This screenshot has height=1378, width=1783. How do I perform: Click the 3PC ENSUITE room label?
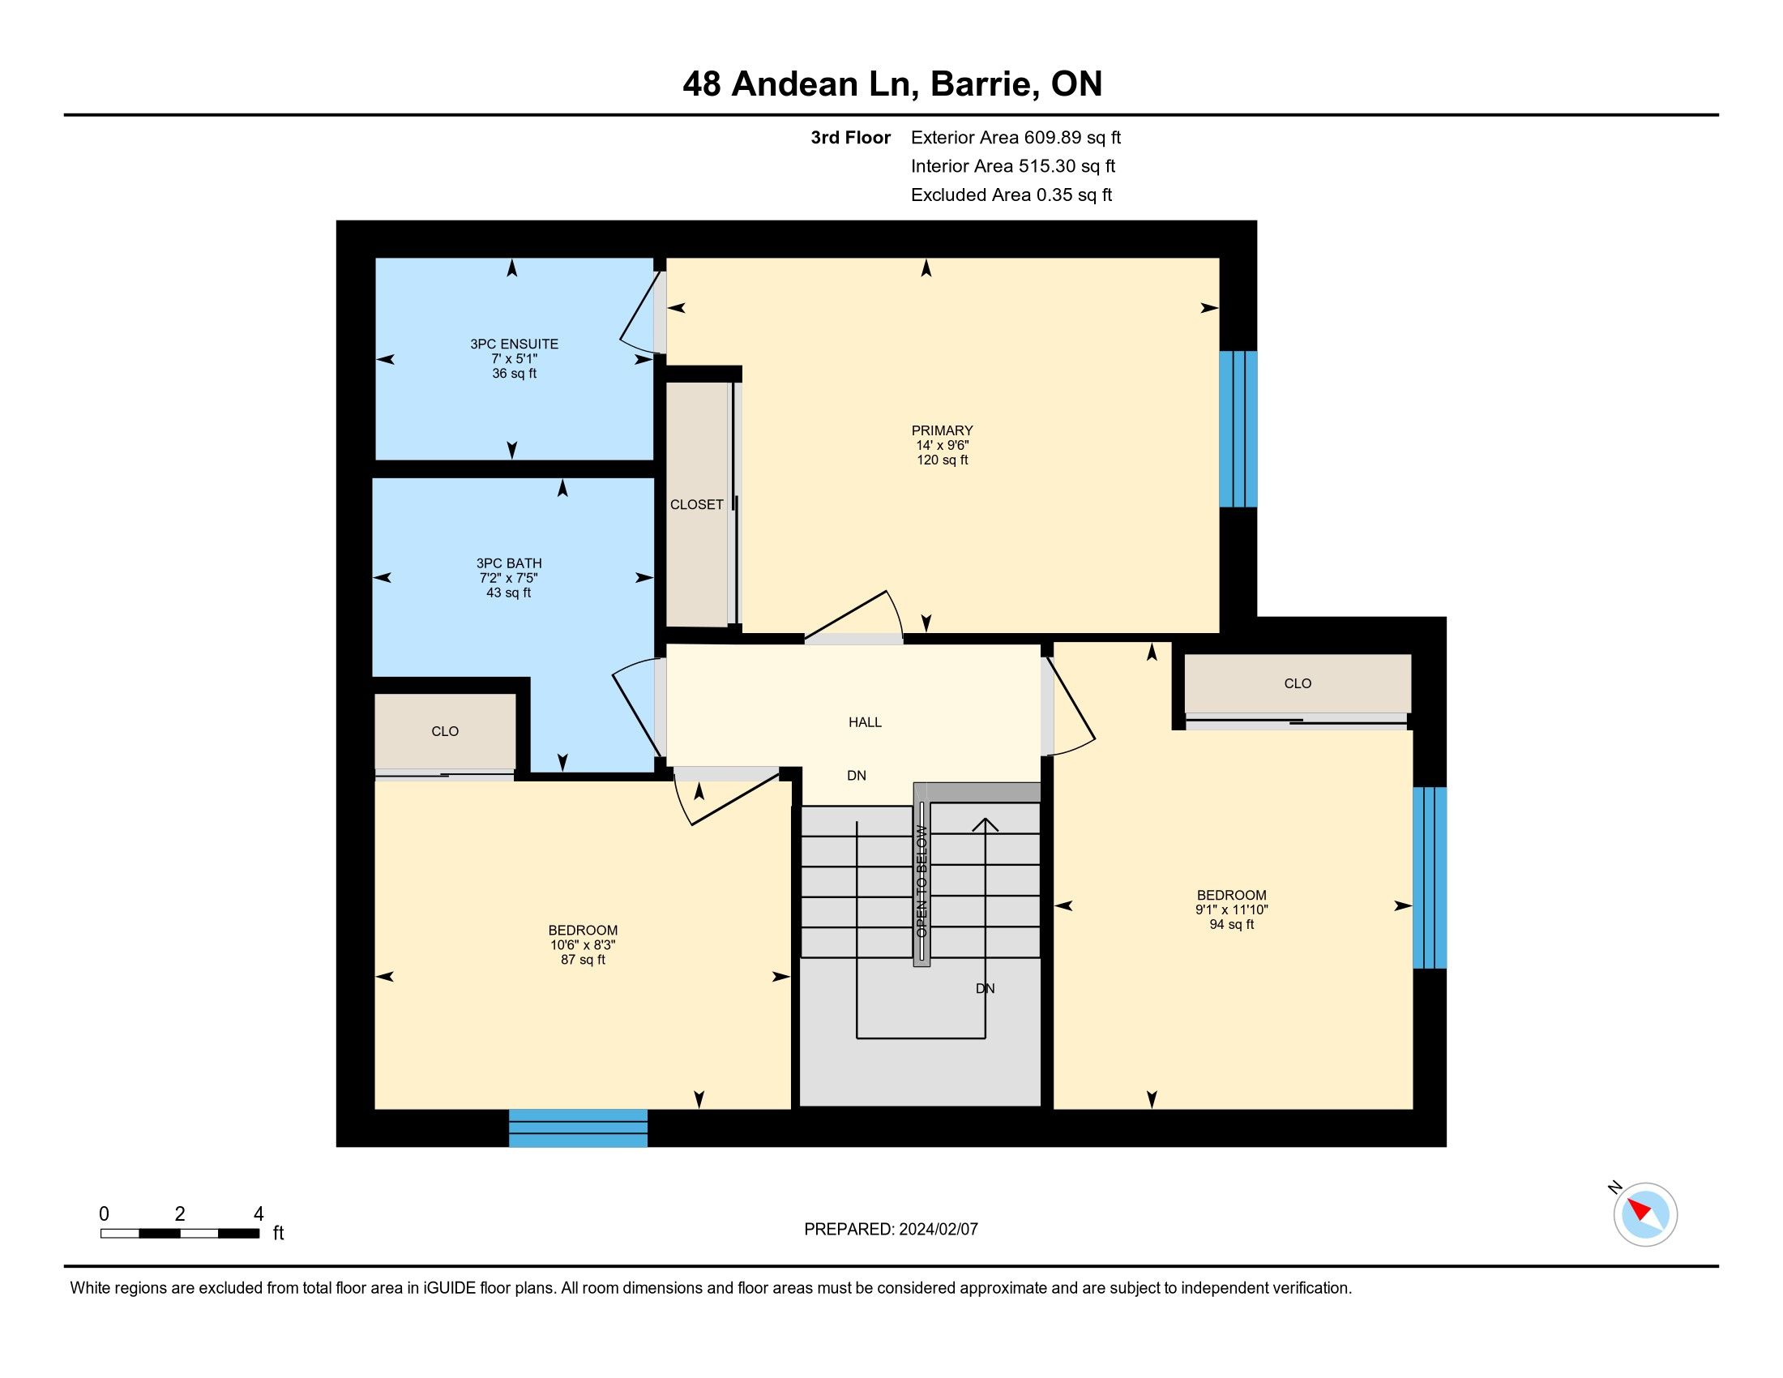pos(515,344)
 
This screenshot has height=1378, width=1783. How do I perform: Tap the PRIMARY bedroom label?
pos(942,430)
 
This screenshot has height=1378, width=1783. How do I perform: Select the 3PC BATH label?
pos(509,563)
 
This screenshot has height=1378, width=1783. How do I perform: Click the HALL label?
pos(865,722)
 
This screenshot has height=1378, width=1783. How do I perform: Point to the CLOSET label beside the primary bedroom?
pos(696,504)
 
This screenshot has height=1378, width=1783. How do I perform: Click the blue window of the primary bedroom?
pos(1238,430)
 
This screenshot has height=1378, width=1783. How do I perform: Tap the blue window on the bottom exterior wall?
pos(578,1128)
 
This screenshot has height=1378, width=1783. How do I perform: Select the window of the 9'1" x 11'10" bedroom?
pos(1430,878)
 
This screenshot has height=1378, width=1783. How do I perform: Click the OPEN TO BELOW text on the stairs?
pos(921,882)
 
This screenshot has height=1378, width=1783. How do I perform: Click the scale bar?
pos(181,1234)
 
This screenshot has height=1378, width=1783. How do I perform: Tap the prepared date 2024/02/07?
pos(938,1230)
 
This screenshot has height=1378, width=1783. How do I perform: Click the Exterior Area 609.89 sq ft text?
pos(1015,138)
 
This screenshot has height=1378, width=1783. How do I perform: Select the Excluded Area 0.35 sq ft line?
pos(1011,195)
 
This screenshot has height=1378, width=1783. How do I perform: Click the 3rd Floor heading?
pos(851,138)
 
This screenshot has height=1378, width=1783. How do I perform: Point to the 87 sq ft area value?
pos(583,960)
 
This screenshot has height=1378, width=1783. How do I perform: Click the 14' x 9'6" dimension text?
pos(942,446)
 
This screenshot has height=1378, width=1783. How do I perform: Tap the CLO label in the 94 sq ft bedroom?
pos(1298,684)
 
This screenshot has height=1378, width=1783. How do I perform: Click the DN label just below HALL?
pos(857,776)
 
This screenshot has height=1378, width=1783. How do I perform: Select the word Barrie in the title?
pos(980,84)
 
